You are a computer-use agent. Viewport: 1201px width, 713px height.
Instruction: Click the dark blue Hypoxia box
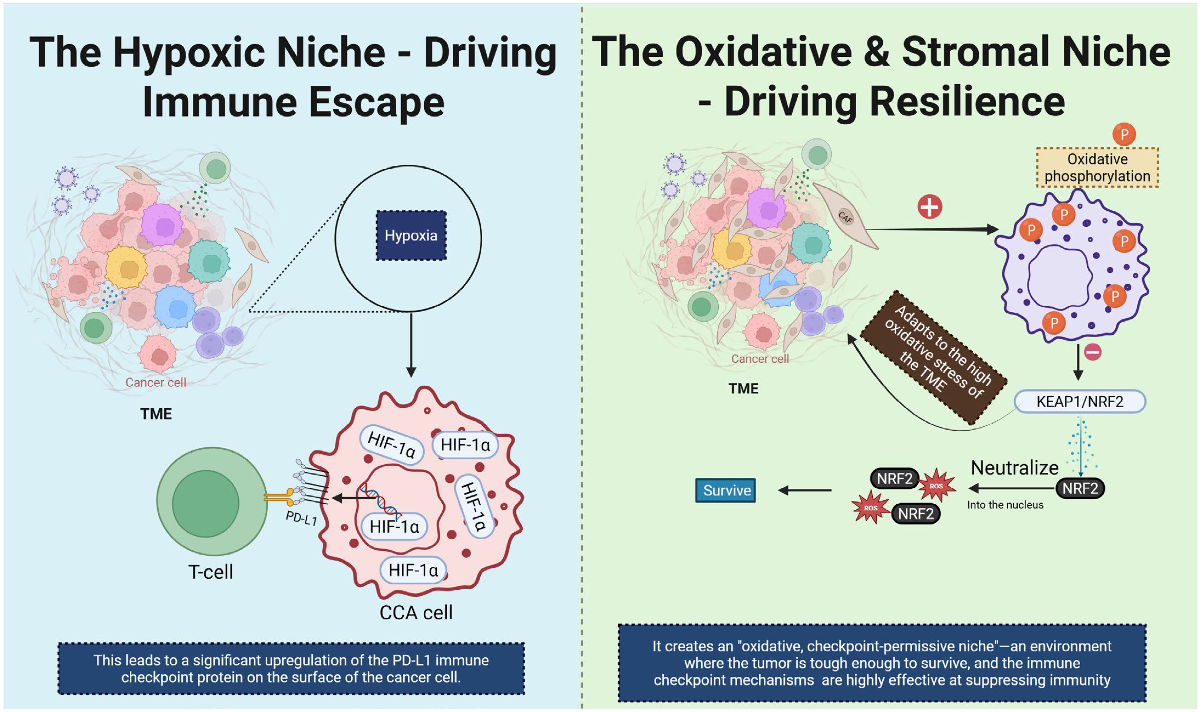click(x=411, y=235)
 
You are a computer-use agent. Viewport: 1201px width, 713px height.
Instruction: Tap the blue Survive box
click(x=725, y=490)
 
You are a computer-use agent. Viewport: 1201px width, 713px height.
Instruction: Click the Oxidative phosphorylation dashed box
click(x=1097, y=167)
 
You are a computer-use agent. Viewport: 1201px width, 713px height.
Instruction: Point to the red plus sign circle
click(x=930, y=207)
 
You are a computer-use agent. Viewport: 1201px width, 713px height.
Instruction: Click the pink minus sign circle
click(x=1093, y=352)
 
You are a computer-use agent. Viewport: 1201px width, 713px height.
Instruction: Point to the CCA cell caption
click(x=416, y=612)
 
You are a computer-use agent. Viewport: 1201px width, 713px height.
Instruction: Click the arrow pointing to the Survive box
click(x=805, y=490)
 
